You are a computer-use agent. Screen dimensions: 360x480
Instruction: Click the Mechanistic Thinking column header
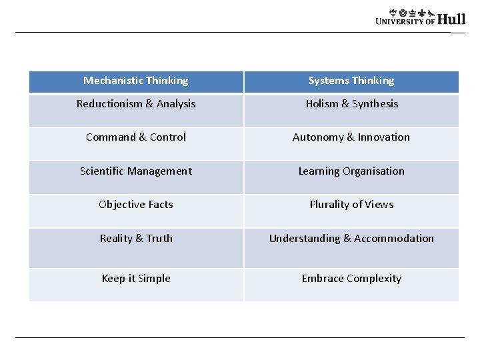pos(136,81)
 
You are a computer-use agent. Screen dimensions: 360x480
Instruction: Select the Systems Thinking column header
pos(351,81)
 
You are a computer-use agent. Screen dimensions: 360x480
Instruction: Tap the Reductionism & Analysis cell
pos(136,104)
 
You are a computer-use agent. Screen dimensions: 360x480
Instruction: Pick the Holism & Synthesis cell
pos(351,104)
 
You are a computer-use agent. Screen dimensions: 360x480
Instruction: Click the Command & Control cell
pos(136,137)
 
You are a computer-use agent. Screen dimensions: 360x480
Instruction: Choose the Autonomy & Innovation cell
pos(351,137)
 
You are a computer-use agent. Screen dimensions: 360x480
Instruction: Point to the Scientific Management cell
pos(136,171)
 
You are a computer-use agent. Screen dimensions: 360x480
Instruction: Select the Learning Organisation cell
pos(351,171)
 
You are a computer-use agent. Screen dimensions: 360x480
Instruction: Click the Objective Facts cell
pos(136,205)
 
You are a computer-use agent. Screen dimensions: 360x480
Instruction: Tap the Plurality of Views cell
pos(351,205)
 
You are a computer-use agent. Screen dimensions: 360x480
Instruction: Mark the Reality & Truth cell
pos(136,239)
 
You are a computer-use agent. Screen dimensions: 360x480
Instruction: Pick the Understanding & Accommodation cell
pos(351,239)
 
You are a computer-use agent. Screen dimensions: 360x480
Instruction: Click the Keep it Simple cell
pos(136,279)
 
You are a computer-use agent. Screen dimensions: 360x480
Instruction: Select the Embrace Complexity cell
pos(351,279)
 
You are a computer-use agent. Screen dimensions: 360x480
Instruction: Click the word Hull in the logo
pos(451,19)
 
